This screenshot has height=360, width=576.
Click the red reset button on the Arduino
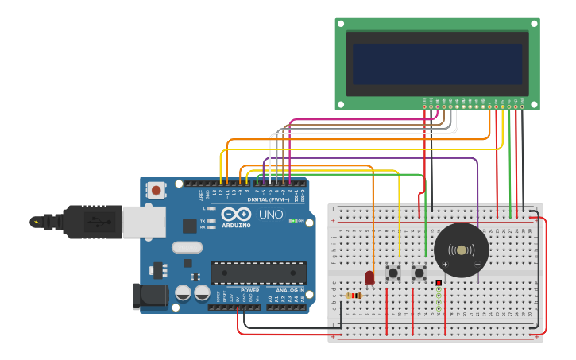point(157,190)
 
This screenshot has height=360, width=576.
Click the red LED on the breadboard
point(369,277)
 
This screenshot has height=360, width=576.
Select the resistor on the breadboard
point(354,296)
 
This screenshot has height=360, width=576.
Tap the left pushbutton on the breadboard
point(392,273)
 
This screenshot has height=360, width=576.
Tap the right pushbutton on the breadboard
point(419,273)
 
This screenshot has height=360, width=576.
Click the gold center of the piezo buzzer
point(462,250)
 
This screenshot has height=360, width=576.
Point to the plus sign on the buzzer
point(445,264)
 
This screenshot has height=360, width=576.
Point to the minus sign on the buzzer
point(477,264)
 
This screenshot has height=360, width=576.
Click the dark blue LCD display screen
point(438,64)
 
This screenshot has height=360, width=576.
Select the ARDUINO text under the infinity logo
point(237,225)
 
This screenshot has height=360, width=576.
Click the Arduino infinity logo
point(237,214)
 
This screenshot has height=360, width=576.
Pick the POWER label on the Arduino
point(250,290)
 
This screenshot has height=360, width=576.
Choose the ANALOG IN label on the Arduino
point(289,290)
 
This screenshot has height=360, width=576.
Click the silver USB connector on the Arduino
point(144,221)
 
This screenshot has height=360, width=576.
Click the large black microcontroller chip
point(258,273)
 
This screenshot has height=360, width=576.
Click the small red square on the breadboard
point(438,282)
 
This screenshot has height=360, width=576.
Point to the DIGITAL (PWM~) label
point(268,199)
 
